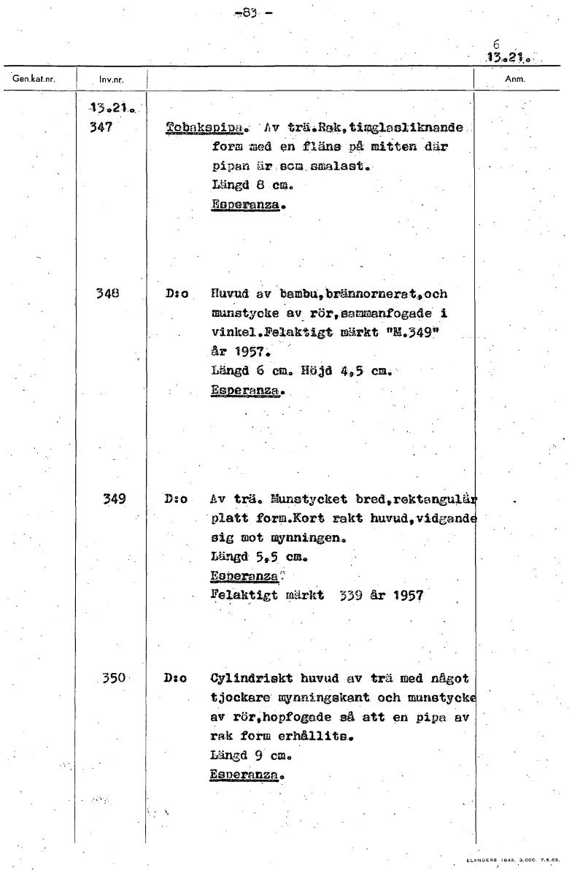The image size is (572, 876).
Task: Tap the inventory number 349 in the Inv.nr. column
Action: coord(113,499)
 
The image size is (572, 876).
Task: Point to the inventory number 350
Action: coord(114,678)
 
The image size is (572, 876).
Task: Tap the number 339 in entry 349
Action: coord(352,596)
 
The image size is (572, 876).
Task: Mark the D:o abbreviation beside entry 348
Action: coord(177,295)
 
